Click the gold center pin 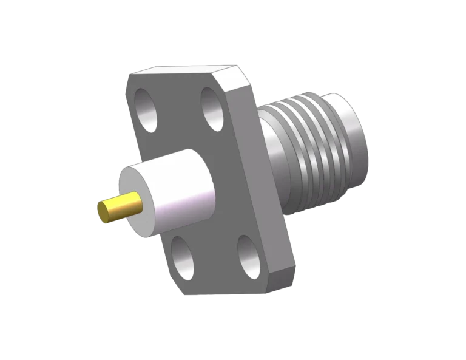[121, 207]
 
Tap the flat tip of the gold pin [104, 213]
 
